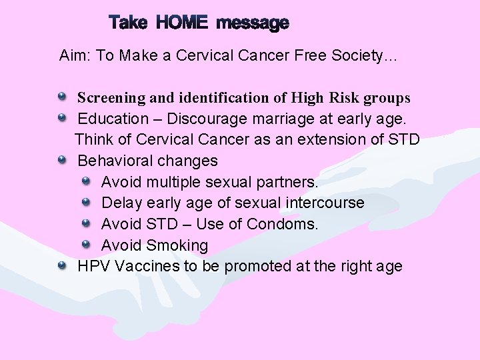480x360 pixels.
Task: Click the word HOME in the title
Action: (x=182, y=23)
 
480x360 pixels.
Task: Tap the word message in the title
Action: (x=253, y=24)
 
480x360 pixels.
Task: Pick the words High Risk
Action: (x=327, y=98)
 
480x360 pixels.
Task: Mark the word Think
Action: (x=95, y=139)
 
